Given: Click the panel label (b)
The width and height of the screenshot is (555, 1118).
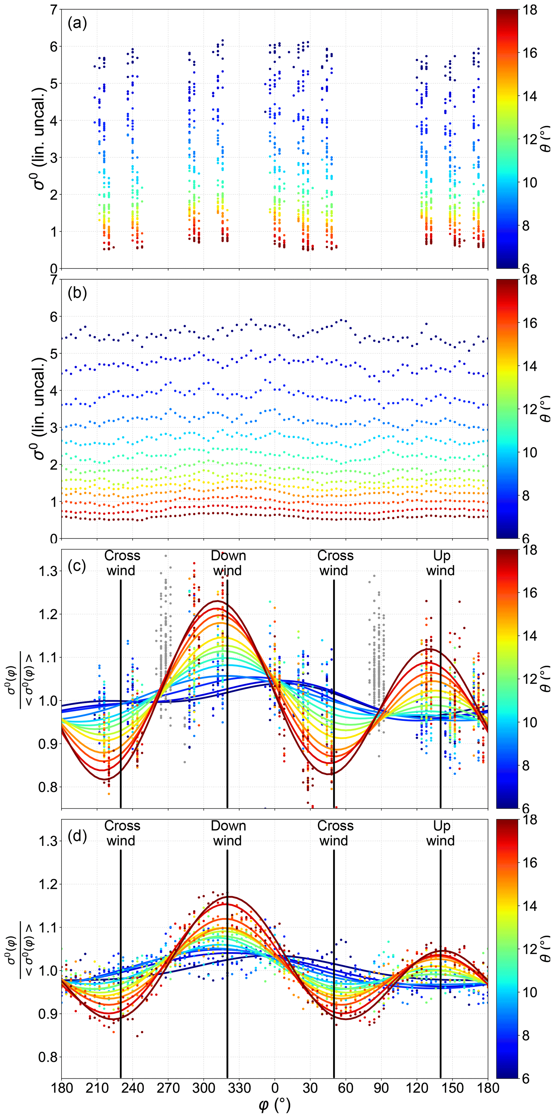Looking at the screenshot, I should point(77,293).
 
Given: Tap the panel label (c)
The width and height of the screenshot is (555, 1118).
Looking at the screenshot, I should point(77,566).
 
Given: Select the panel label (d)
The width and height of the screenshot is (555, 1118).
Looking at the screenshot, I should point(77,836).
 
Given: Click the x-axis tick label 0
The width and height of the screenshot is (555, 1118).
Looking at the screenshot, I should point(275,1088).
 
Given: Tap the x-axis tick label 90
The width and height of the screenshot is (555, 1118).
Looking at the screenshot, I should point(382,1088).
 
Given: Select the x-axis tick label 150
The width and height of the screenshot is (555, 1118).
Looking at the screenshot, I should point(453,1088).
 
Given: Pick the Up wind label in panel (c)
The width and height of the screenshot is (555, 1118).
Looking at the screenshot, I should point(441,563).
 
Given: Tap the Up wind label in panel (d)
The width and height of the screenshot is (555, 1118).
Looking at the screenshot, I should point(441,833).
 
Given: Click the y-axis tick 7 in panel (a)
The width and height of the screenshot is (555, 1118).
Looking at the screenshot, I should point(54,10).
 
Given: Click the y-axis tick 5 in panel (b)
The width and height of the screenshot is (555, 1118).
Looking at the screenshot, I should point(54,354).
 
